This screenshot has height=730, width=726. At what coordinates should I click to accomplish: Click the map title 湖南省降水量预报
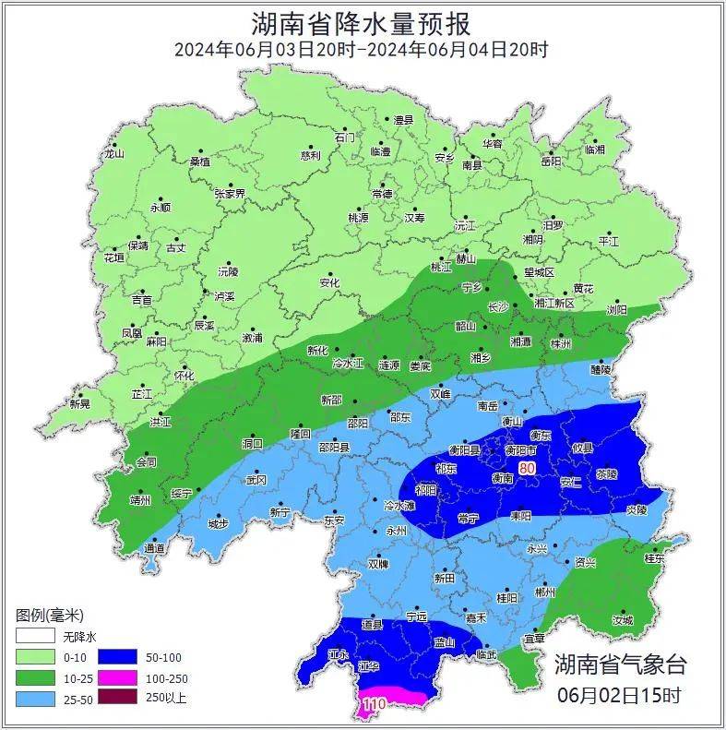pyautogui.click(x=362, y=22)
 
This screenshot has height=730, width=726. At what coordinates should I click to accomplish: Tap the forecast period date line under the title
pyautogui.click(x=362, y=50)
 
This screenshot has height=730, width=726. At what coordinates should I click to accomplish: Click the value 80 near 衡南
pyautogui.click(x=527, y=469)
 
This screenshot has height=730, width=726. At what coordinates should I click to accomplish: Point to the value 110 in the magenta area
pyautogui.click(x=374, y=704)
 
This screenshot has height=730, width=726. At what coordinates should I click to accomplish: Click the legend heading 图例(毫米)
pyautogui.click(x=50, y=615)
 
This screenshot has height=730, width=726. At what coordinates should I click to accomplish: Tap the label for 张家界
pyautogui.click(x=230, y=194)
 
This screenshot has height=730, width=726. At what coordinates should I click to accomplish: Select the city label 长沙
pyautogui.click(x=497, y=305)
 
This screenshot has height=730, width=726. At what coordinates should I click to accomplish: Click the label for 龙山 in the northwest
pyautogui.click(x=113, y=154)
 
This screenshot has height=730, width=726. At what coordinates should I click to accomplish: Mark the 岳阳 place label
pyautogui.click(x=550, y=161)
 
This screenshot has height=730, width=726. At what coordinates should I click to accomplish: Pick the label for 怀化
pyautogui.click(x=184, y=376)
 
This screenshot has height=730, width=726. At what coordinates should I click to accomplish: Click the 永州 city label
pyautogui.click(x=397, y=531)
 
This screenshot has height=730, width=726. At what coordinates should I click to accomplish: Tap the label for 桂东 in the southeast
pyautogui.click(x=654, y=558)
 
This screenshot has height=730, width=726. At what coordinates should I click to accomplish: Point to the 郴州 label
pyautogui.click(x=545, y=592)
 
